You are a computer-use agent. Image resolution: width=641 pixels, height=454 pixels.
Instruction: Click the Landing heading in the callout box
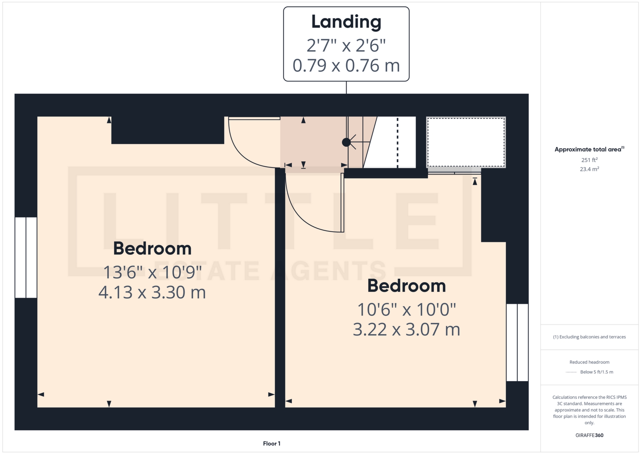click(346, 22)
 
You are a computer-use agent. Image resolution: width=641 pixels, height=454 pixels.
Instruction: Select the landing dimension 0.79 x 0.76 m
click(346, 66)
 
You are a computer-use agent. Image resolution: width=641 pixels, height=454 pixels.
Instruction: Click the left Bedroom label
click(152, 249)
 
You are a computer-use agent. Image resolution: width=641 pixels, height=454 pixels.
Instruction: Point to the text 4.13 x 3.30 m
click(152, 293)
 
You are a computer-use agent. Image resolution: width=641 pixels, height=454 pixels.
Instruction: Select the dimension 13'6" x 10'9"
click(152, 272)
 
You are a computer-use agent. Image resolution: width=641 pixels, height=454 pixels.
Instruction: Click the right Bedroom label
click(407, 286)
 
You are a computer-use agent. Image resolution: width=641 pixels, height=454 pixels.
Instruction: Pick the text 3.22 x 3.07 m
click(407, 330)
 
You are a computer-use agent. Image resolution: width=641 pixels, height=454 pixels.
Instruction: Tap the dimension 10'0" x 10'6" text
click(407, 310)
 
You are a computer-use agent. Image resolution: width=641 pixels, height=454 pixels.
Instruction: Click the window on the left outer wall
click(26, 257)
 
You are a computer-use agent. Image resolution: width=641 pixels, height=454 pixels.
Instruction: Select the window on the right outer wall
click(517, 342)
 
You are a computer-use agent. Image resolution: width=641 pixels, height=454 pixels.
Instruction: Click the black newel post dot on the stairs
click(346, 142)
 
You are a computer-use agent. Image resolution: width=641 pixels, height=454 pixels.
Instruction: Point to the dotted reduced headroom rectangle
click(466, 142)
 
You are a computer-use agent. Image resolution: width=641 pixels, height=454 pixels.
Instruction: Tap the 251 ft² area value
click(589, 160)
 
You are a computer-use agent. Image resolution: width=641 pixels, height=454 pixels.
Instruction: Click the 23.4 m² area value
click(589, 169)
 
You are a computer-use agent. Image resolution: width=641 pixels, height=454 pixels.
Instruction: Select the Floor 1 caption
click(272, 444)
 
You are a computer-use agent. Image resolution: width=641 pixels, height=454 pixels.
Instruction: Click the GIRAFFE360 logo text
click(589, 435)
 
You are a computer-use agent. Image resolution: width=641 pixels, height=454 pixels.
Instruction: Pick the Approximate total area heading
click(589, 149)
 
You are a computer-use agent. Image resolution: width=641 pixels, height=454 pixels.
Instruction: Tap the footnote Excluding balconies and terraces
click(589, 337)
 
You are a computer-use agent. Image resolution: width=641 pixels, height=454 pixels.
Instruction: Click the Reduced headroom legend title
click(589, 362)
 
